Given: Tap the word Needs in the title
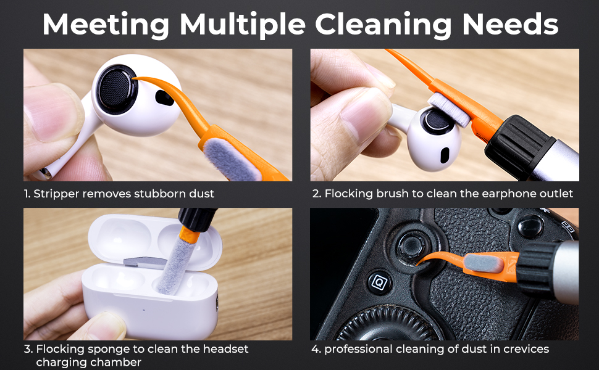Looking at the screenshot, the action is (510, 25).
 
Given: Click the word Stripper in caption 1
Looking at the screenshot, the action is (57, 194).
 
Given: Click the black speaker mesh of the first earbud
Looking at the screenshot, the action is (116, 89).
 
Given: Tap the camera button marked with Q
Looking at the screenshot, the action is (379, 283).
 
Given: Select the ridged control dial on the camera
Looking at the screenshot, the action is (386, 324).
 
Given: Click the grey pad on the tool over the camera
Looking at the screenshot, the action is (484, 263).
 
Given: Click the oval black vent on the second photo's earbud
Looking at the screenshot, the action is (445, 155).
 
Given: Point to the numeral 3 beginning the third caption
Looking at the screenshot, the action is (28, 350).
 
